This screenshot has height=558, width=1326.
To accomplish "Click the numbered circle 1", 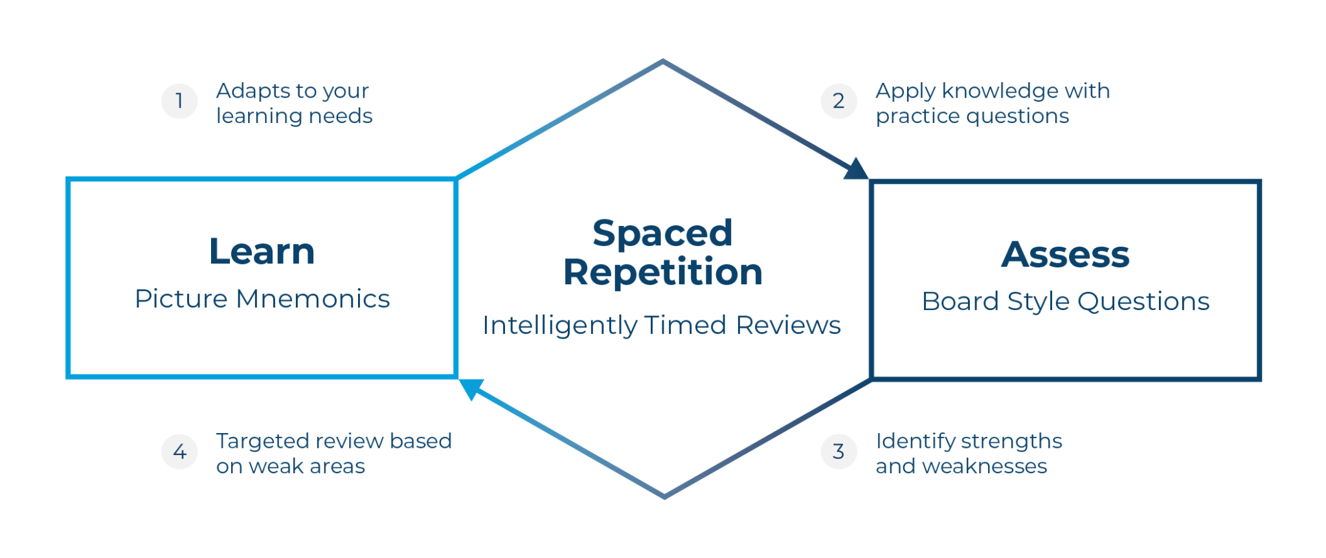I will coord(179,101).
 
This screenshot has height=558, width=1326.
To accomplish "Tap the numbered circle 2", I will coord(838,101).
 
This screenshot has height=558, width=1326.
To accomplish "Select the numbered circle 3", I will coord(838,451).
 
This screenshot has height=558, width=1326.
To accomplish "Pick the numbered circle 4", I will coord(179,451).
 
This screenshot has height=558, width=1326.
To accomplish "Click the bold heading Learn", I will coord(262,252).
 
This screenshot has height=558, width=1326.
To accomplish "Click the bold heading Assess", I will coord(1065,254).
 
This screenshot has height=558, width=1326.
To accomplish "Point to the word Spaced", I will coord(662,233).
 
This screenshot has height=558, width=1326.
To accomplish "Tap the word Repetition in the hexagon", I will coord(662,272).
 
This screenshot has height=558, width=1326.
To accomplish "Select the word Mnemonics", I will coord(313,299).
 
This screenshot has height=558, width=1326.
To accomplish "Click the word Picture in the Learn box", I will coord(181,299).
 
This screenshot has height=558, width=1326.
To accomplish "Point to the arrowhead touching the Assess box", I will coord(855,169).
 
